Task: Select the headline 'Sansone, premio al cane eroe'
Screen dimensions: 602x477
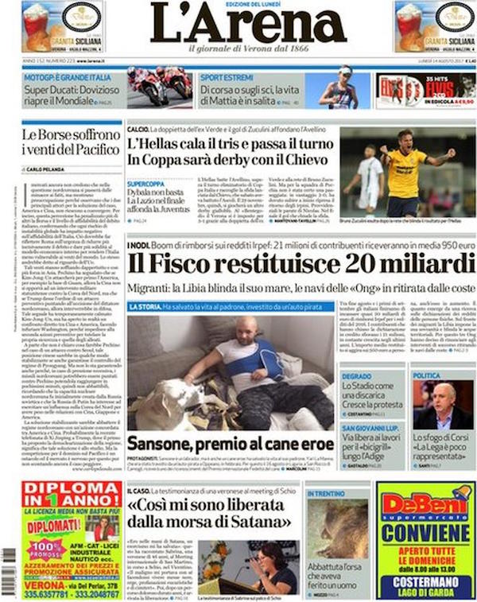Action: pyautogui.click(x=230, y=443)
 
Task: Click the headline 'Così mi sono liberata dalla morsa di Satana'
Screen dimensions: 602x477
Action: pyautogui.click(x=210, y=516)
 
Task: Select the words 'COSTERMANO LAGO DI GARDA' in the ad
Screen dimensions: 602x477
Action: pyautogui.click(x=425, y=587)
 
